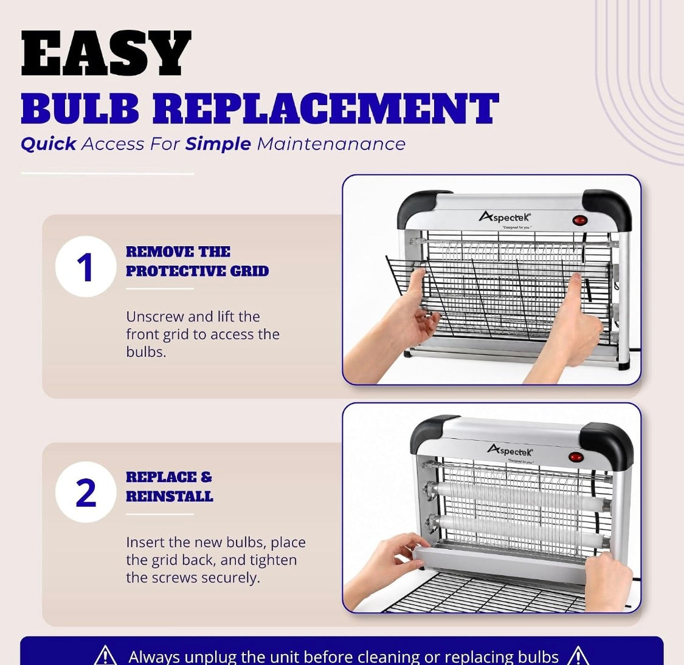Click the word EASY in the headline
[x=106, y=53]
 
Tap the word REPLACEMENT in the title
[x=326, y=108]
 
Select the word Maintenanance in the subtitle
[x=331, y=144]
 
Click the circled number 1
[x=86, y=266]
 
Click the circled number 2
[x=86, y=492]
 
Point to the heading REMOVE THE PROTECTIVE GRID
[x=197, y=261]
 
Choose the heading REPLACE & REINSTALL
[x=169, y=487]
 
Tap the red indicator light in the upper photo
[x=580, y=220]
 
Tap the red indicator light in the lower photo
[x=576, y=458]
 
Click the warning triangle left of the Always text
[x=105, y=655]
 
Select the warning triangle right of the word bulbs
[x=578, y=655]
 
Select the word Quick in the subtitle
[x=49, y=144]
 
